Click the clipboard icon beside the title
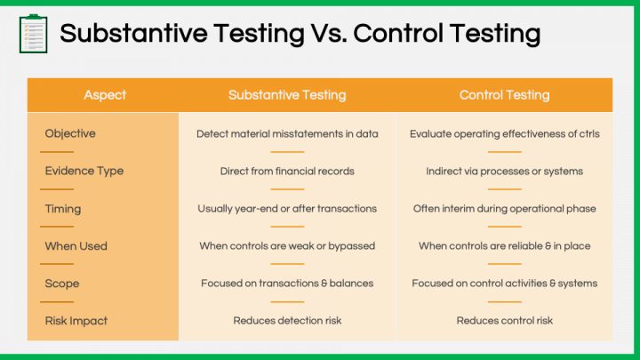(34, 34)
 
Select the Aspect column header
(105, 95)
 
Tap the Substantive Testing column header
(287, 95)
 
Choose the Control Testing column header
(505, 95)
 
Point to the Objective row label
(70, 133)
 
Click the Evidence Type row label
(84, 171)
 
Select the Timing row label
(63, 209)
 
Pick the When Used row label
(76, 246)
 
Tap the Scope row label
(62, 284)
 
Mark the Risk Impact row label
(76, 321)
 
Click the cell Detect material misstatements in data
(287, 134)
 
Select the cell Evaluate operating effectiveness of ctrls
(505, 134)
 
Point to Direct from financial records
(287, 171)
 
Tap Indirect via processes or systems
(505, 172)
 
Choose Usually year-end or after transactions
(287, 209)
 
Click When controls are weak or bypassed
(287, 246)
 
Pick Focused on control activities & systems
(505, 284)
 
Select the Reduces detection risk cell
(287, 321)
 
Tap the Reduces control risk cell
(505, 321)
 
